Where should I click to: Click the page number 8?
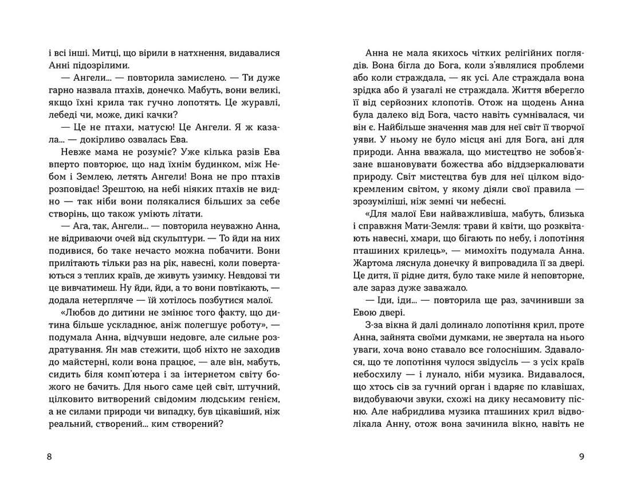49,457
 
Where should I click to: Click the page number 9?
581,457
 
